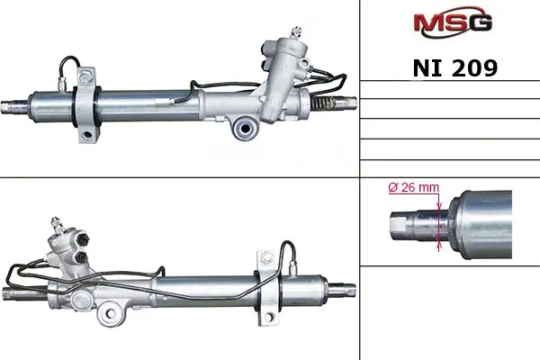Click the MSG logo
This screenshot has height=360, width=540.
[453, 22]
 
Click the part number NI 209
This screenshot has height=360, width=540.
[454, 67]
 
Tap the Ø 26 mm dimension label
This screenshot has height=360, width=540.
[414, 187]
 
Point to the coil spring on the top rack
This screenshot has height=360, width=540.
[323, 103]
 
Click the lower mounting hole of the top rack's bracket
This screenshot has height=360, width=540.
[87, 134]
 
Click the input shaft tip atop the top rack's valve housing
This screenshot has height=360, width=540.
[295, 32]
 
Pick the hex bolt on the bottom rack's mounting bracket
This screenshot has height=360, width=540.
[266, 257]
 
